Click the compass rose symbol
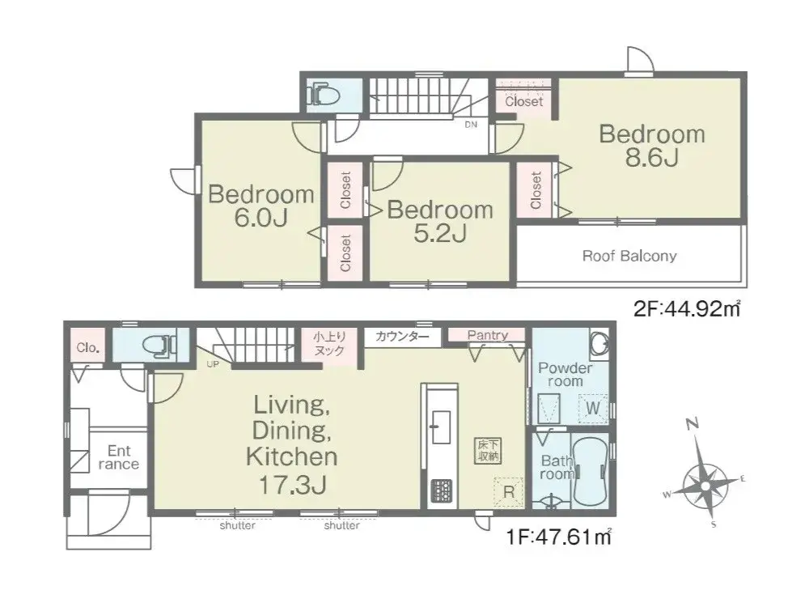[705, 485]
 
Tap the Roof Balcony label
[629, 256]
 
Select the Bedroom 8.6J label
[651, 146]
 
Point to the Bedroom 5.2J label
[440, 221]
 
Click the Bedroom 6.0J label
[261, 206]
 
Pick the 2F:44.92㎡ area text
[687, 308]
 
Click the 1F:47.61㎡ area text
[559, 537]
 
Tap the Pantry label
[488, 336]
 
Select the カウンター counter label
[402, 337]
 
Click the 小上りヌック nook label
[329, 344]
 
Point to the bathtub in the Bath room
[590, 471]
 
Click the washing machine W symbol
[593, 408]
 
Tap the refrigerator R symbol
[509, 491]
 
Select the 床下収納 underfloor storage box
[488, 450]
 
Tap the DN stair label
[471, 125]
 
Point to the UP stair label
[213, 364]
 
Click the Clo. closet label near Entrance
[87, 347]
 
